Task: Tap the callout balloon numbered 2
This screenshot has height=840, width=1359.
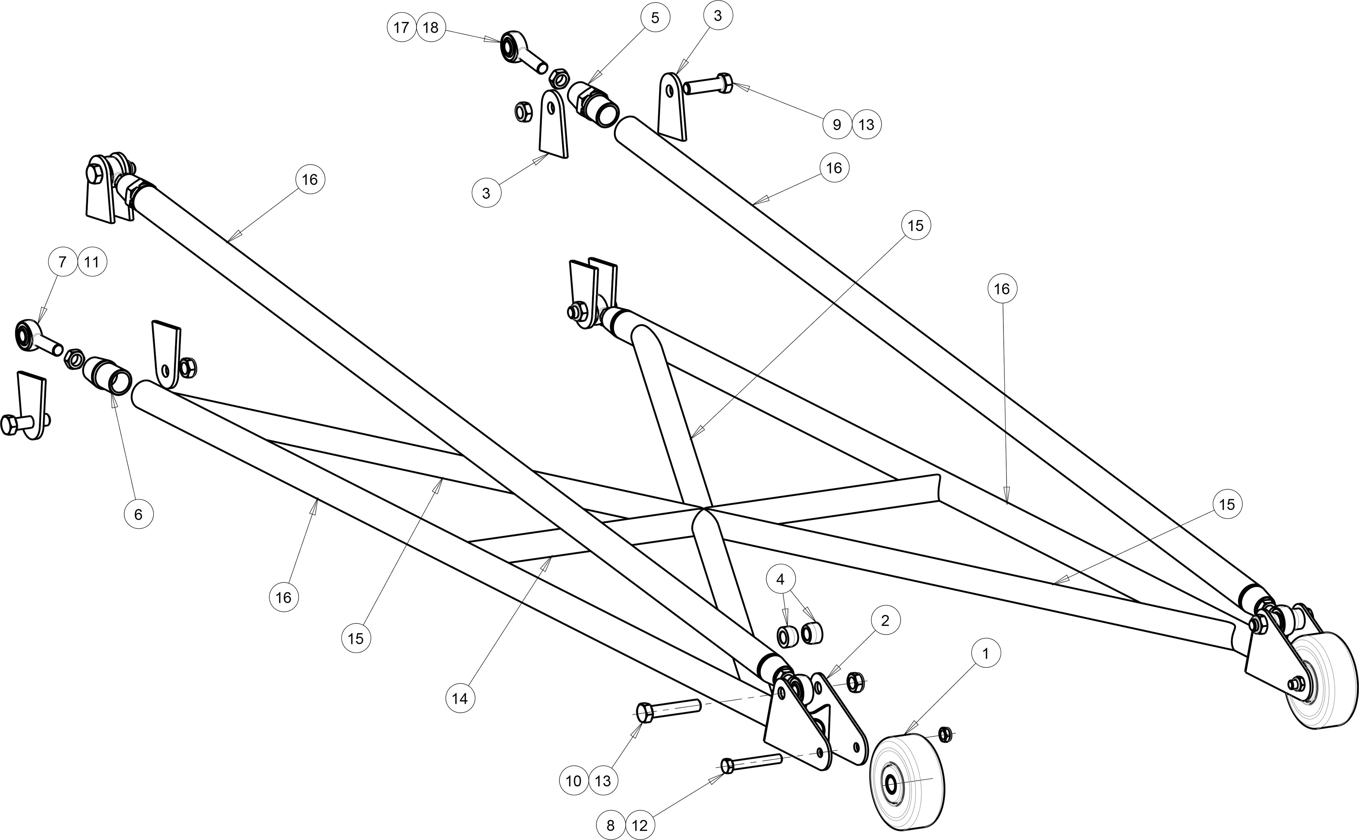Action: tap(885, 621)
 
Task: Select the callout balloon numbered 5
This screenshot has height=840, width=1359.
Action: tap(655, 18)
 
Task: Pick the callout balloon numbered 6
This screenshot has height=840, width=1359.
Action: tap(138, 515)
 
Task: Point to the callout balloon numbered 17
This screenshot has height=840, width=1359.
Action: tap(401, 27)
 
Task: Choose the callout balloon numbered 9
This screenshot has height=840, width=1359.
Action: tap(837, 124)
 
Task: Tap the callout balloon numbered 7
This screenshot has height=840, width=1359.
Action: tap(62, 262)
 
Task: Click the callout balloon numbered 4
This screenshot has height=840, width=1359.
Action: tap(781, 579)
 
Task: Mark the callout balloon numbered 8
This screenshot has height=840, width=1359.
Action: tap(610, 825)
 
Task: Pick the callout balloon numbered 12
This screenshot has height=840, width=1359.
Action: tap(639, 825)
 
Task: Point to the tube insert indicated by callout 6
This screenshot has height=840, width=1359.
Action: tap(107, 374)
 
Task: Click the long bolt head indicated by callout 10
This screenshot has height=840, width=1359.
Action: tap(645, 712)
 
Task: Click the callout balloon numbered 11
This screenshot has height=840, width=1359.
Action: tap(92, 262)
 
